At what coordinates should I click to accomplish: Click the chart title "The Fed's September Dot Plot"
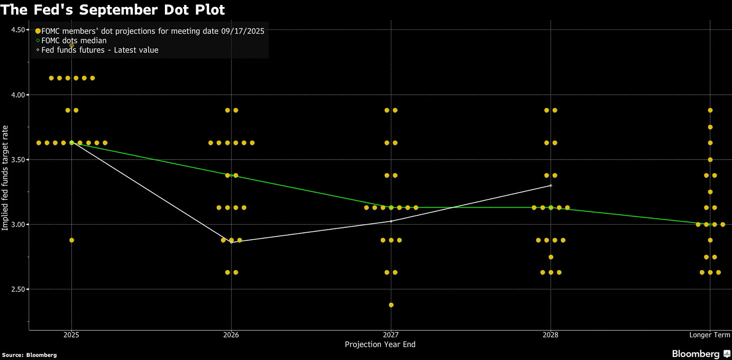pyautogui.click(x=113, y=9)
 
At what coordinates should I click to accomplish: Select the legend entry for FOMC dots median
pyautogui.click(x=74, y=40)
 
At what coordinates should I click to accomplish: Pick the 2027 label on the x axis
pyautogui.click(x=391, y=334)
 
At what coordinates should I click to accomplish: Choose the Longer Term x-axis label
pyautogui.click(x=709, y=334)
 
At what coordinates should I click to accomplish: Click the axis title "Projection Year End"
pyautogui.click(x=380, y=344)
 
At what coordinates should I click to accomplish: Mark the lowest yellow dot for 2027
pyautogui.click(x=391, y=305)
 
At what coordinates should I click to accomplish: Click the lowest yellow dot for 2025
pyautogui.click(x=71, y=240)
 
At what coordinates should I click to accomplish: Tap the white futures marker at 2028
pyautogui.click(x=551, y=186)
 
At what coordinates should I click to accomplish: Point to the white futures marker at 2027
pyautogui.click(x=391, y=221)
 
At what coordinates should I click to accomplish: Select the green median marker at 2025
pyautogui.click(x=71, y=143)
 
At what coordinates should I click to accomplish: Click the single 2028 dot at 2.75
pyautogui.click(x=551, y=257)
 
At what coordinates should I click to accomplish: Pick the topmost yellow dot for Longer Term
pyautogui.click(x=710, y=110)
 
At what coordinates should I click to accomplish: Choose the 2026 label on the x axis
pyautogui.click(x=231, y=334)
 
